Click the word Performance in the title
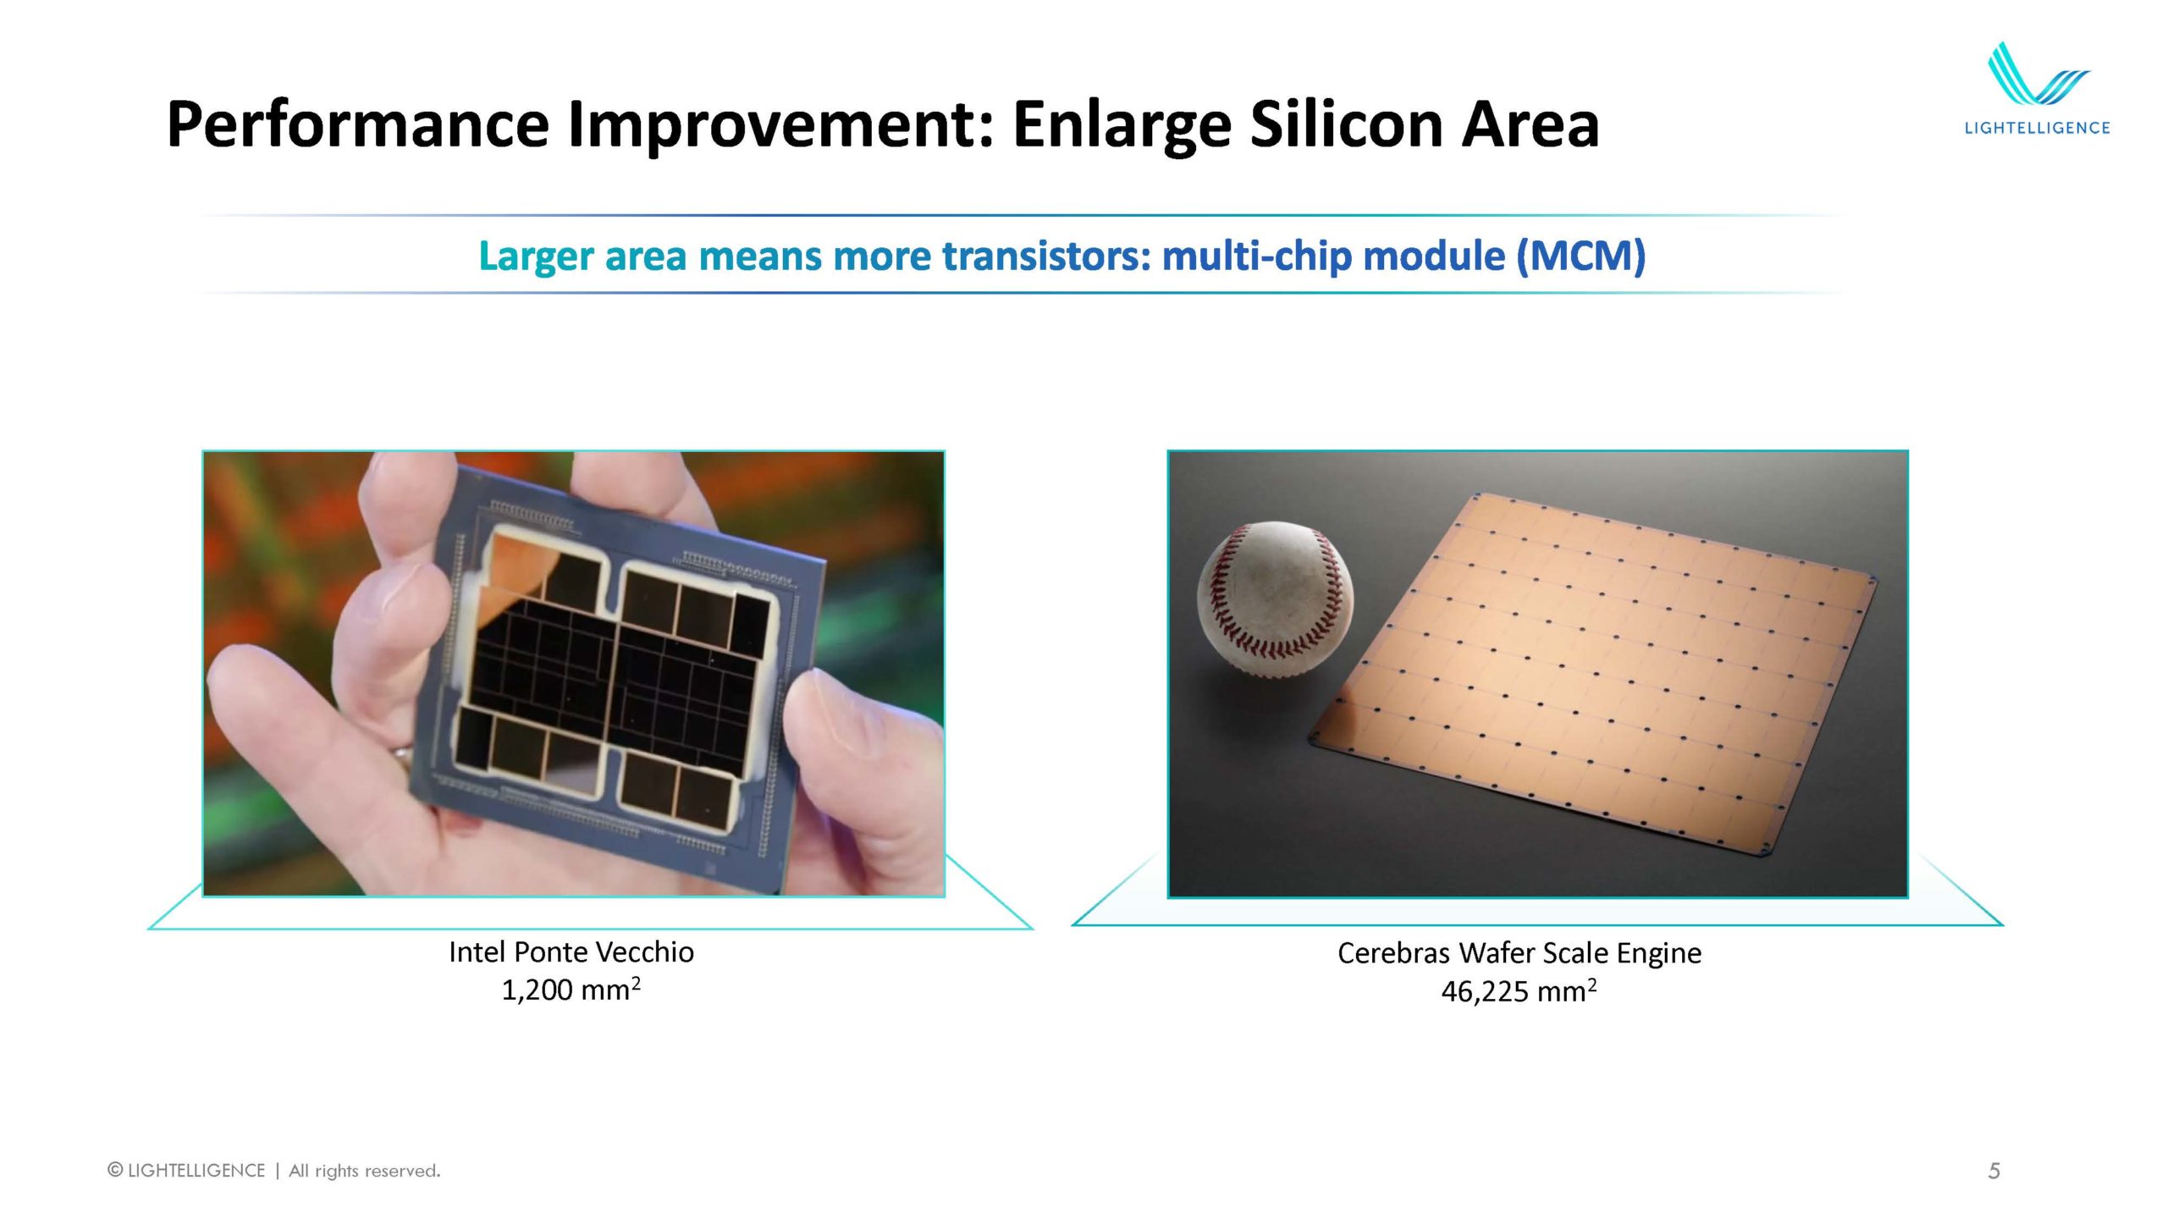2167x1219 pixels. coord(357,124)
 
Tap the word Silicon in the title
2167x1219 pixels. coord(1345,124)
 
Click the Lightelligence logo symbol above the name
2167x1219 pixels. coord(2038,74)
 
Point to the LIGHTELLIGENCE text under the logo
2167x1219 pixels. coord(2037,128)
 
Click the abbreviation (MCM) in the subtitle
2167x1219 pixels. coord(1580,256)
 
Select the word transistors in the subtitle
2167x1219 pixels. coord(1047,256)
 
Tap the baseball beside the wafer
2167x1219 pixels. coord(1275,599)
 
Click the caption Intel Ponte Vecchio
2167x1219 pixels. coord(571,951)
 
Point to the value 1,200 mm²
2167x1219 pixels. coord(571,989)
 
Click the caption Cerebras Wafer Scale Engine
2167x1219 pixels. coord(1519,953)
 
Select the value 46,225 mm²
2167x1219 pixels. coord(1519,990)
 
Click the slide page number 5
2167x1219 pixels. coord(1994,1171)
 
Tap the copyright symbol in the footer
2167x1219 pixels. coord(115,1170)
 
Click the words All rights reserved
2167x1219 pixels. coord(365,1171)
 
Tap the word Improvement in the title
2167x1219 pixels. coord(780,124)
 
